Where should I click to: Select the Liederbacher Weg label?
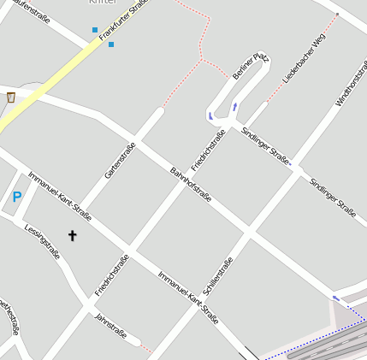pos(305,59)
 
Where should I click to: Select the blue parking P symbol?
pos(16,198)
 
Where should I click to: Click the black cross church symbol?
pos(72,235)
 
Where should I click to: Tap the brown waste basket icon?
pos(10,97)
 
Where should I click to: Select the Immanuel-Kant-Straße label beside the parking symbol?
pos(59,195)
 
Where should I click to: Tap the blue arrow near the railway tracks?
pos(336,298)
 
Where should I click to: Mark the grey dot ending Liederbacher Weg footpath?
pos(337,15)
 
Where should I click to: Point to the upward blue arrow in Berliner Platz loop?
pos(234,107)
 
